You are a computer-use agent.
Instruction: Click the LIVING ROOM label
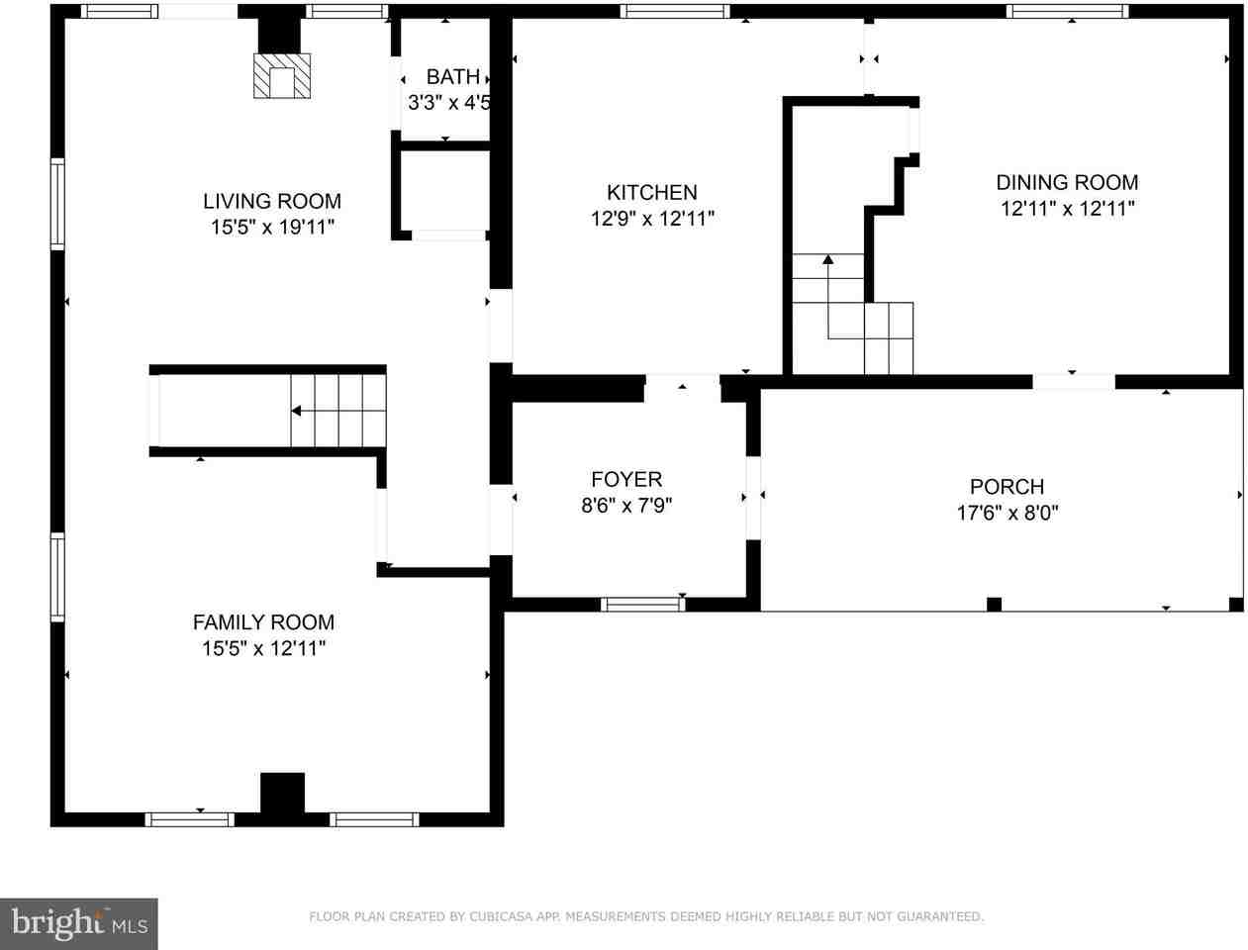click(x=272, y=201)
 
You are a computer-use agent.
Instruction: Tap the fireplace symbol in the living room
click(x=282, y=76)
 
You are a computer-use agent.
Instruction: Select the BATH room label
click(x=452, y=76)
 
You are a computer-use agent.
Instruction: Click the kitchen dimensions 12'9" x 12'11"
click(x=652, y=219)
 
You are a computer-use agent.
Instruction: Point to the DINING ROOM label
click(x=1067, y=182)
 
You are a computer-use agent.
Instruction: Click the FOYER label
click(x=626, y=480)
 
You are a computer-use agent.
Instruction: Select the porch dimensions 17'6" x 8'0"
click(x=1007, y=513)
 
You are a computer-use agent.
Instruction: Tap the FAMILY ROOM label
click(x=263, y=622)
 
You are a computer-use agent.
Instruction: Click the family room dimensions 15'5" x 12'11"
click(x=263, y=649)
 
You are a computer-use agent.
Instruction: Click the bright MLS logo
click(x=78, y=923)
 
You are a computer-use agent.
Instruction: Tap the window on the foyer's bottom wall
click(x=643, y=604)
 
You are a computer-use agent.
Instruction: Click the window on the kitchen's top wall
click(x=675, y=12)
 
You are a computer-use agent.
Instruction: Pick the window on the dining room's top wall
click(x=1067, y=12)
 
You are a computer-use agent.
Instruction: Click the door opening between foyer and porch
click(x=754, y=498)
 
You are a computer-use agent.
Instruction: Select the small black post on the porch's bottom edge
click(x=994, y=605)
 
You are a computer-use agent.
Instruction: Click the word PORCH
click(x=1007, y=487)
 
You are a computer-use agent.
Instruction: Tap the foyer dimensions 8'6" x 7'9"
click(x=626, y=506)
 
